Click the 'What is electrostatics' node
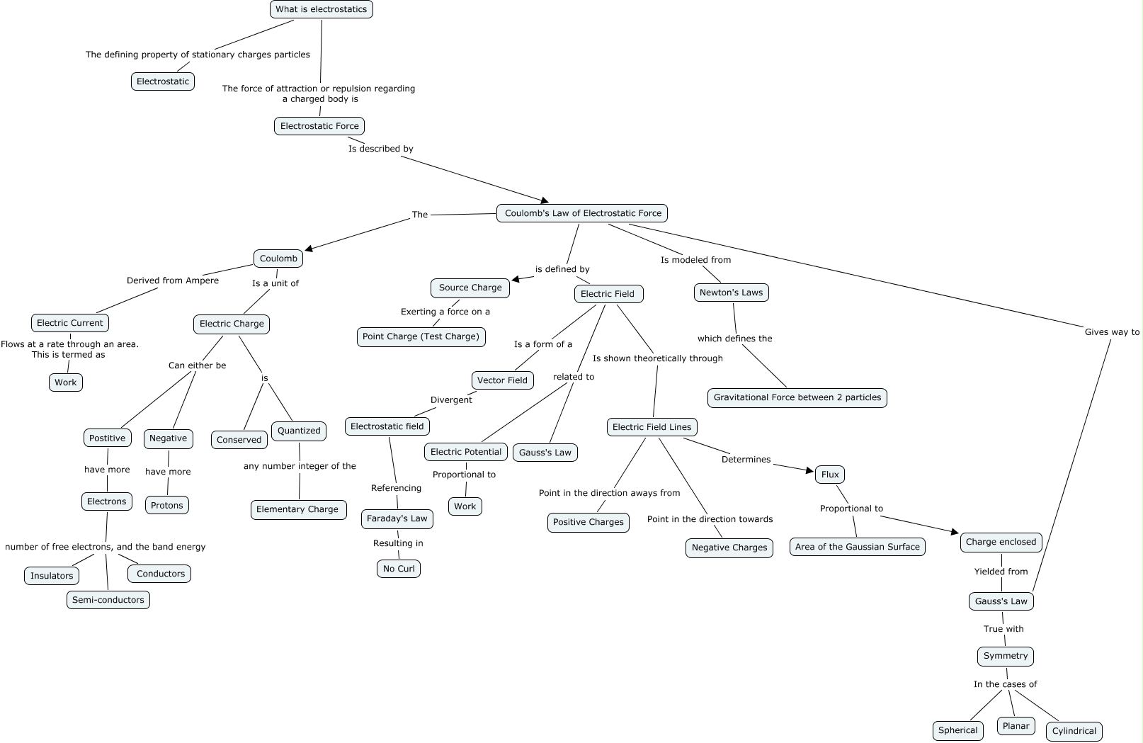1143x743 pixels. (x=321, y=9)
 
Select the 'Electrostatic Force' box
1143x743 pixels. (x=319, y=126)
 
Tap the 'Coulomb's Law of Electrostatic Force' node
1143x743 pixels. (x=582, y=213)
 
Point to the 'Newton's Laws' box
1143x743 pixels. (x=731, y=293)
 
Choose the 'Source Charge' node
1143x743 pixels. (x=470, y=288)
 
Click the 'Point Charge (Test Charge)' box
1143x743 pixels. (x=421, y=336)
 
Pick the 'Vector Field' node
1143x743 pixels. (x=502, y=380)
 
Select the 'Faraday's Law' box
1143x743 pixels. (x=397, y=518)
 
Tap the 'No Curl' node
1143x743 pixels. (x=399, y=569)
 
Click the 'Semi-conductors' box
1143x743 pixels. (x=108, y=600)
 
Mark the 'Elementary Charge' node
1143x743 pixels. (x=297, y=509)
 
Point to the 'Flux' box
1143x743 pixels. (x=830, y=475)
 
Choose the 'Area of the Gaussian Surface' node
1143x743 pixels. (x=857, y=547)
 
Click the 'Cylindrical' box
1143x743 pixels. (x=1074, y=731)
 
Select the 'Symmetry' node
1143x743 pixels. (x=1005, y=656)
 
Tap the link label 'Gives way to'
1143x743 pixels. (x=1112, y=332)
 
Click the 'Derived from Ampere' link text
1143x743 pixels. (x=173, y=280)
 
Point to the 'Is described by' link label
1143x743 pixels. (x=380, y=149)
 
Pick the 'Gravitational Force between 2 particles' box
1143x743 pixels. (x=797, y=397)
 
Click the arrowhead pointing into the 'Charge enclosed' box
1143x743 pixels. (x=954, y=532)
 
